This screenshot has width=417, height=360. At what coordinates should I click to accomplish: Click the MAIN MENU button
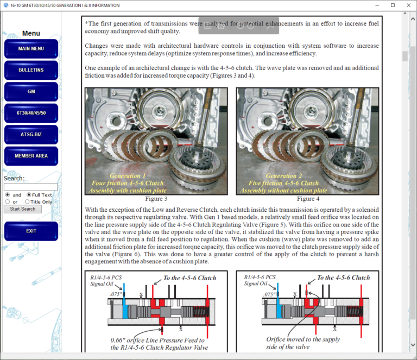pyautogui.click(x=31, y=49)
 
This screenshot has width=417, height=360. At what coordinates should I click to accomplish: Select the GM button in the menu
pyautogui.click(x=31, y=92)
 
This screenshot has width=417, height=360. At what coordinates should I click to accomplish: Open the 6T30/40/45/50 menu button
pyautogui.click(x=31, y=113)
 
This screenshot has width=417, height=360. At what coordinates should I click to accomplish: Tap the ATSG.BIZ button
pyautogui.click(x=31, y=135)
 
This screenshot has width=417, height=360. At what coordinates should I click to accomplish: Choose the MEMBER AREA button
pyautogui.click(x=31, y=156)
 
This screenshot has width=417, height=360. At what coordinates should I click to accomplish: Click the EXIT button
pyautogui.click(x=31, y=231)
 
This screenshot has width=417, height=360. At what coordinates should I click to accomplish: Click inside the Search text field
pyautogui.click(x=30, y=187)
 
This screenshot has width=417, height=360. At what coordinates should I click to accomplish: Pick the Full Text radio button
pyautogui.click(x=29, y=195)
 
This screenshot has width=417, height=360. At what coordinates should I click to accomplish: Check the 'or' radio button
pyautogui.click(x=8, y=202)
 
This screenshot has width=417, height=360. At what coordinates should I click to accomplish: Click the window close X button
pyautogui.click(x=407, y=5)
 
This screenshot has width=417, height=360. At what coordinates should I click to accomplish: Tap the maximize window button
pyautogui.click(x=393, y=5)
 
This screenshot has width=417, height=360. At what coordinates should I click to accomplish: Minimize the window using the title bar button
pyautogui.click(x=378, y=5)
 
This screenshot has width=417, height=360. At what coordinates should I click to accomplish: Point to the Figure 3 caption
pyautogui.click(x=156, y=199)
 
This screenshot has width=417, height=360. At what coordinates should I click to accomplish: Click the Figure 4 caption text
pyautogui.click(x=308, y=199)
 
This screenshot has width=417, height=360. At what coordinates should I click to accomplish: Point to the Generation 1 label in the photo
pyautogui.click(x=128, y=176)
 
